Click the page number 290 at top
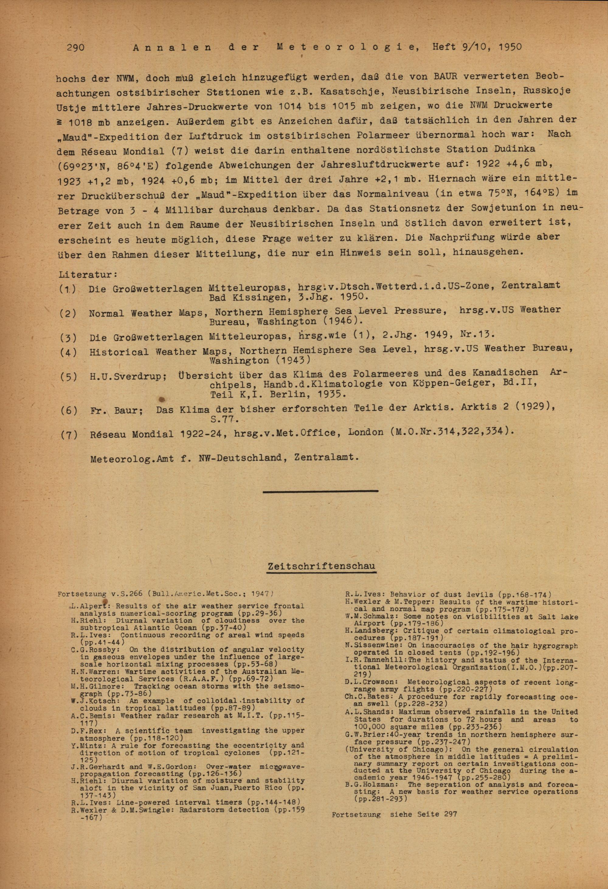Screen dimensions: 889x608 [75, 47]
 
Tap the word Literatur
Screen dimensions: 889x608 [87, 275]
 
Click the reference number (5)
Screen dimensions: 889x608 [68, 377]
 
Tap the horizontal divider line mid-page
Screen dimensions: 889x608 [320, 491]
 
